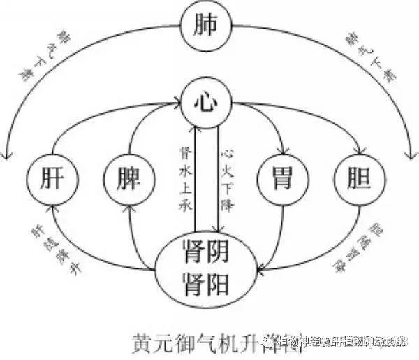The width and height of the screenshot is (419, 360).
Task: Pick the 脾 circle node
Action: click(x=128, y=178)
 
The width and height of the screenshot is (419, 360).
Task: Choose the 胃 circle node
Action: click(x=283, y=178)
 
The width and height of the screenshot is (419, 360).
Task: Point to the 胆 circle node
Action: click(x=360, y=178)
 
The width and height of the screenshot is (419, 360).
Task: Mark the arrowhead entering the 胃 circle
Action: click(x=283, y=152)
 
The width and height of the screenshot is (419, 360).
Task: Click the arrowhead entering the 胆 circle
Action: click(x=360, y=152)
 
